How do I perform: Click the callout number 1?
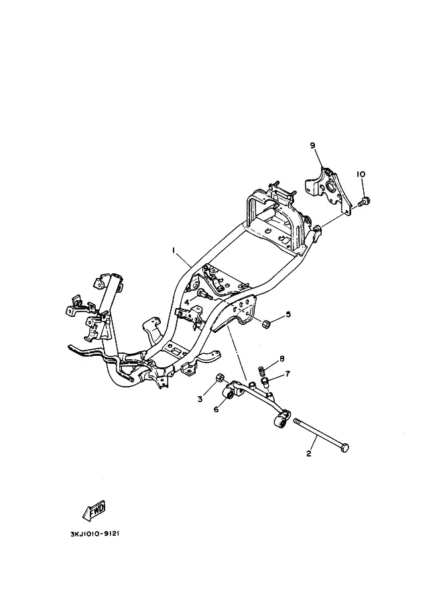tap(173, 250)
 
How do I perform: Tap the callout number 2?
tap(309, 454)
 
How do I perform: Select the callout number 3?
tap(200, 399)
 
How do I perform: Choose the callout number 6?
tap(216, 409)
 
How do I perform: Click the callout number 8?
tap(282, 359)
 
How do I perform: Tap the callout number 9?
tap(312, 145)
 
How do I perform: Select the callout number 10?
tap(361, 175)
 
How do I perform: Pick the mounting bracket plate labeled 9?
tap(330, 191)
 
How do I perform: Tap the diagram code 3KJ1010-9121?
tap(93, 534)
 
